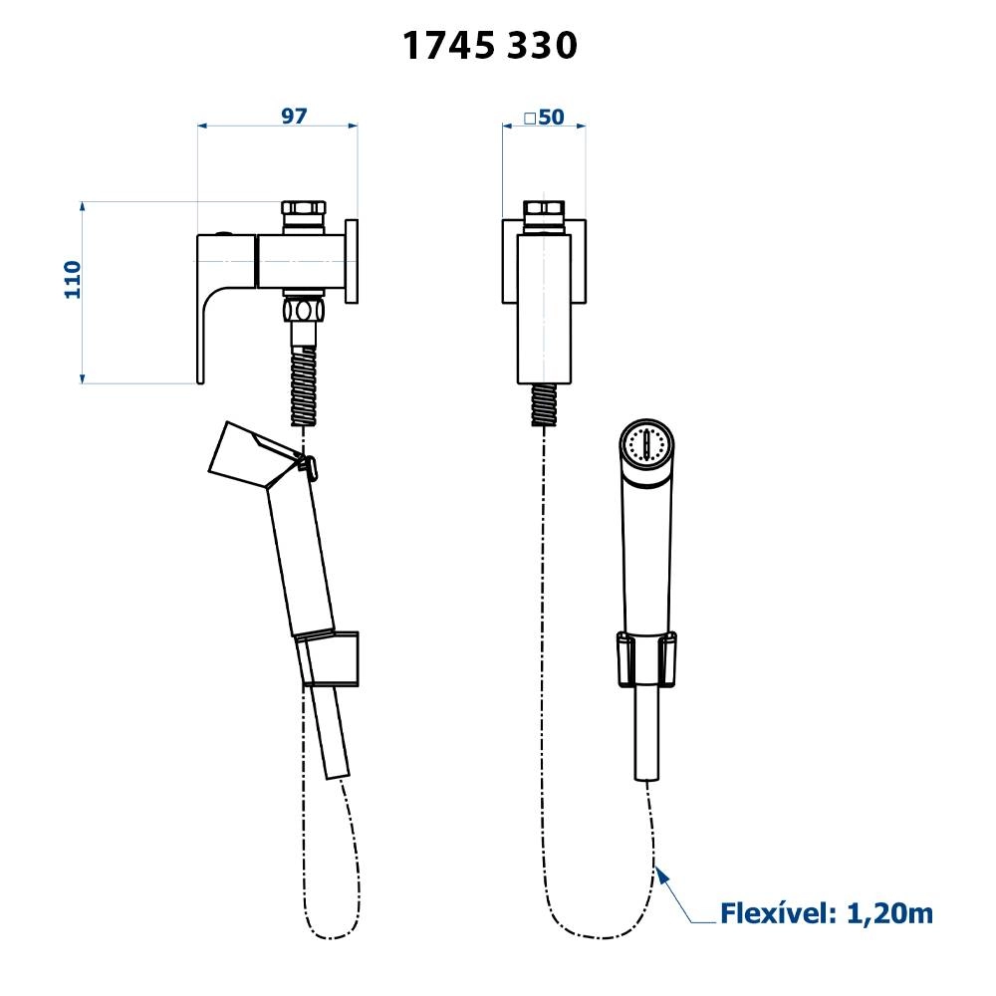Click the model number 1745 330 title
click(490, 46)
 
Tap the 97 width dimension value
click(294, 116)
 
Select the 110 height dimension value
click(73, 280)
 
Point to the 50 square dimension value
click(552, 117)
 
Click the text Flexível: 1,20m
click(827, 913)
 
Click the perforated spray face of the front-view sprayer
click(646, 443)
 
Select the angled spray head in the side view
click(253, 453)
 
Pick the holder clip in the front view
click(646, 659)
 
